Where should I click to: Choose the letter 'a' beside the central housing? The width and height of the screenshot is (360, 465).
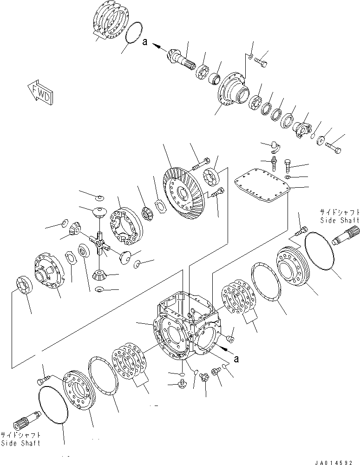pos(236,359)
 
